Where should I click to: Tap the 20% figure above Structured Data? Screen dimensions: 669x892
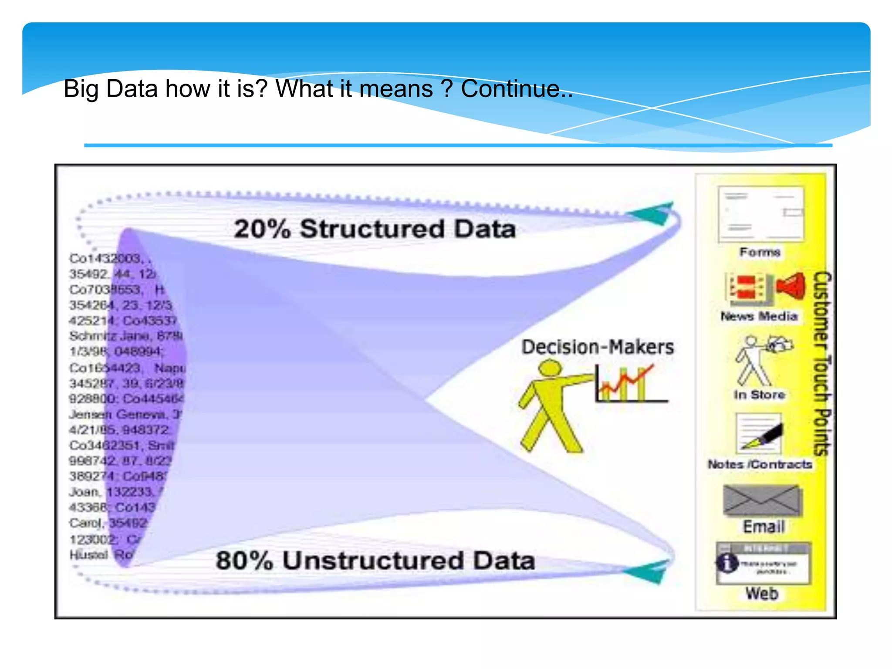tap(262, 229)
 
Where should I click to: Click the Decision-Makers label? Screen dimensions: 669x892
tap(598, 347)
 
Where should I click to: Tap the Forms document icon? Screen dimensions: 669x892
tap(760, 214)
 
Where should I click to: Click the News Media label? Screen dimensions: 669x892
tap(759, 316)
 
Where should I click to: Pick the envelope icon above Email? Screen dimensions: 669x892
tap(761, 500)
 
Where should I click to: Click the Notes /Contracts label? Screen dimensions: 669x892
tap(760, 465)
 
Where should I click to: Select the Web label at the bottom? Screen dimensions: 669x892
tap(761, 594)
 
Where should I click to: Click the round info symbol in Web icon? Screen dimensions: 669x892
tap(727, 563)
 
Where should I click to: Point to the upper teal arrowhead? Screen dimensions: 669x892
tap(652, 213)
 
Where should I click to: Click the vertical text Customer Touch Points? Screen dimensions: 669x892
tap(822, 364)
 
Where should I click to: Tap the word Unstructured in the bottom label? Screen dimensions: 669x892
tap(373, 561)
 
